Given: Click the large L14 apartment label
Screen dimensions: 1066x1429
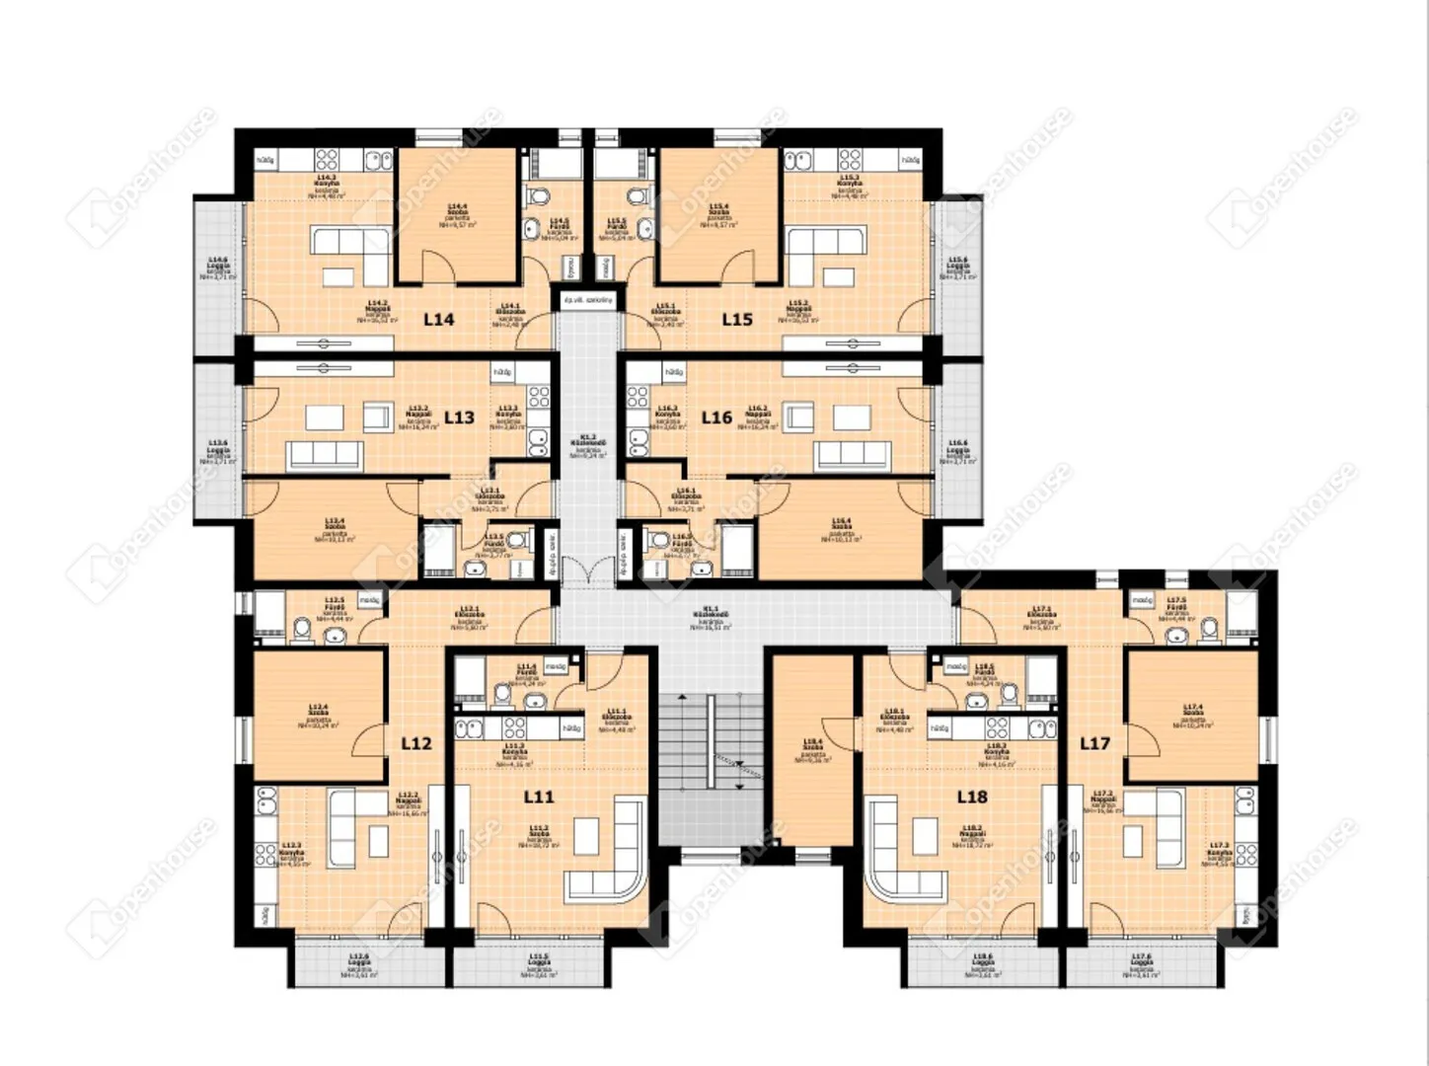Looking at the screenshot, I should click(x=439, y=319).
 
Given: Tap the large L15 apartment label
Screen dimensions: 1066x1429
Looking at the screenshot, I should click(x=737, y=319).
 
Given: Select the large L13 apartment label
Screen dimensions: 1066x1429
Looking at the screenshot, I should click(x=459, y=417).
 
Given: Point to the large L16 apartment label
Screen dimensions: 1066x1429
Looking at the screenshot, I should click(x=716, y=417).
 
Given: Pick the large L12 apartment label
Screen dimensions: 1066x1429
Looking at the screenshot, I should click(x=416, y=742).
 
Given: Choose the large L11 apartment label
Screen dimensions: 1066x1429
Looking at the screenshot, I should click(x=539, y=797).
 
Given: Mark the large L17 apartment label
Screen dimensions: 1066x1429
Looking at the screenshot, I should click(x=1095, y=742).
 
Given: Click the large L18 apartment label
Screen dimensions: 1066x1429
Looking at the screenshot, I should click(x=972, y=797).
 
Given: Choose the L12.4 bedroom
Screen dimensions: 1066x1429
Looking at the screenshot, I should click(x=318, y=716).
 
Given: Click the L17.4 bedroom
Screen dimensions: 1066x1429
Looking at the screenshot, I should click(x=1192, y=716).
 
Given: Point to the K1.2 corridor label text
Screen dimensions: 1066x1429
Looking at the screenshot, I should click(x=588, y=444).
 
